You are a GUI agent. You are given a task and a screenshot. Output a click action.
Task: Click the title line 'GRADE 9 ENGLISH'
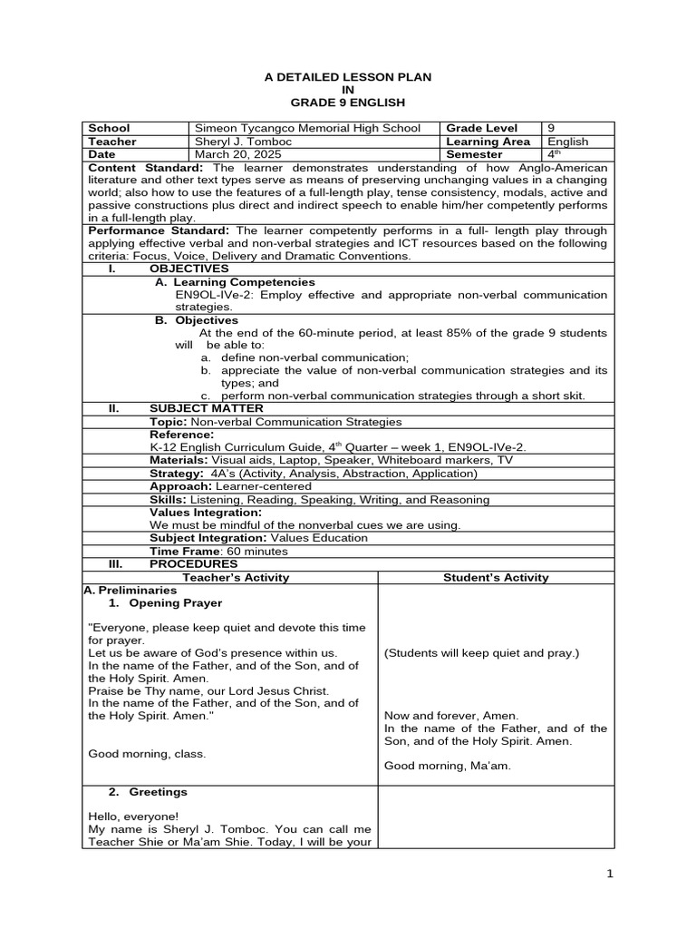[x=347, y=103]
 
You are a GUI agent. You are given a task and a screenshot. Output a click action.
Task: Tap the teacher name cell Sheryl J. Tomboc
[x=241, y=142]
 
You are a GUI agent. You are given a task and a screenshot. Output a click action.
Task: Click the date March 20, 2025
[x=234, y=154]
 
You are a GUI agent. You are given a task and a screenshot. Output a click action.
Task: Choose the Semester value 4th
[x=555, y=154]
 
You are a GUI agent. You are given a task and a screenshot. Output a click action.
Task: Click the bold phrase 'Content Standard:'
[x=146, y=168]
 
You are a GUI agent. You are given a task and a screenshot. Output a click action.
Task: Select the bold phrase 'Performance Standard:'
[x=159, y=230]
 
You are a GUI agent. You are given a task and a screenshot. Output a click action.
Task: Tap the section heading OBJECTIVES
[x=188, y=269]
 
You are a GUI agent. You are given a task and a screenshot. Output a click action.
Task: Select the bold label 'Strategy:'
[x=177, y=473]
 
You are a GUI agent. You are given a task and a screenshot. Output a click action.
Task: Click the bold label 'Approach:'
[x=179, y=486]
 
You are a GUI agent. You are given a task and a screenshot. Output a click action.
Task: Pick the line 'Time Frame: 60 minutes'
[x=218, y=551]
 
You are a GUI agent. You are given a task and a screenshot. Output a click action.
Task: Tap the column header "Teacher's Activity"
[x=236, y=577]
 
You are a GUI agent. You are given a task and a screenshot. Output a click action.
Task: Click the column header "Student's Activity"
[x=496, y=577]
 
